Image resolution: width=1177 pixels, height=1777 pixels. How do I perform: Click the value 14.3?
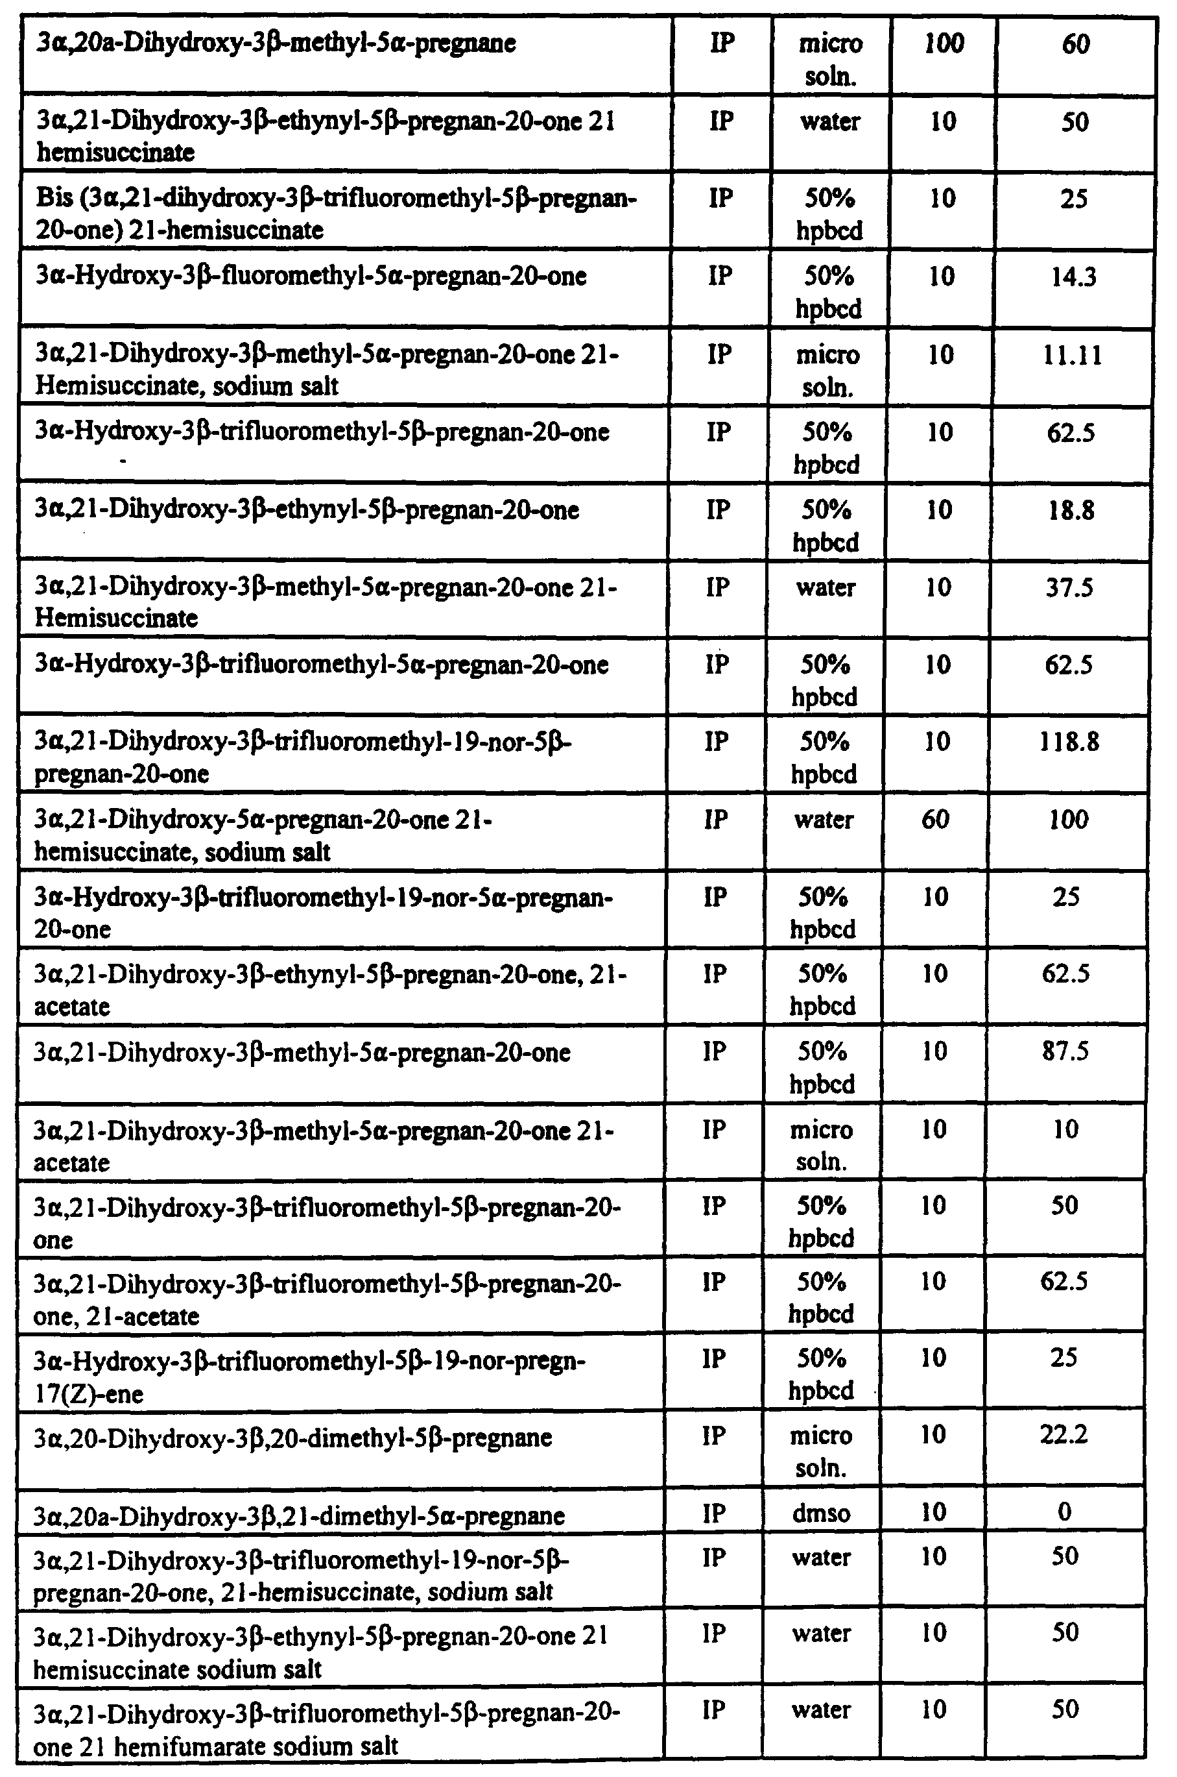click(1073, 278)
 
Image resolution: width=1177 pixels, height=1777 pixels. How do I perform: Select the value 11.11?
click(1072, 355)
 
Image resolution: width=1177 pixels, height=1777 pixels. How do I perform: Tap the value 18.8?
click(1071, 511)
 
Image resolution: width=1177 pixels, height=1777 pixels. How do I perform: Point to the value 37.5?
click(1071, 588)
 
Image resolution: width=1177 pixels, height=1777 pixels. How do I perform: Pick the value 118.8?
click(1069, 742)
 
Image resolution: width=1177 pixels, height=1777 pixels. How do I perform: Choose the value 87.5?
click(1066, 1051)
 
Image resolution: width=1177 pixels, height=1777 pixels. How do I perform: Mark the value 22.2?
click(1064, 1435)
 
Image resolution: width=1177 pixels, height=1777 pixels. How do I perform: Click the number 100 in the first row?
click(944, 43)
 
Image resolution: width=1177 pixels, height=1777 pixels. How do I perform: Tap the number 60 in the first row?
click(1075, 43)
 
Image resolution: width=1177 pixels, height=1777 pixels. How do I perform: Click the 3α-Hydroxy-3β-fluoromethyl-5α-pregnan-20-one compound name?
click(311, 276)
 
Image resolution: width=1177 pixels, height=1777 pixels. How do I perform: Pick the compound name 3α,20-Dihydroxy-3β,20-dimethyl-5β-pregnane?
click(292, 1437)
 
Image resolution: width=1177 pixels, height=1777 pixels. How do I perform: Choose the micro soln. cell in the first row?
click(830, 59)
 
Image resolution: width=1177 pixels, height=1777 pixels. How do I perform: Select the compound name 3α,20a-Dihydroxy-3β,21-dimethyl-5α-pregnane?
click(299, 1515)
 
